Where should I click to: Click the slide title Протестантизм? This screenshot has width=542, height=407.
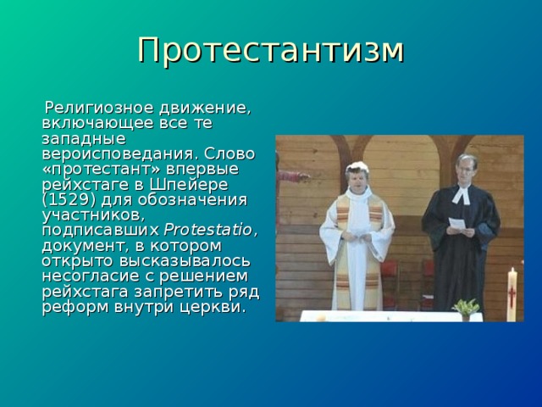(x=271, y=50)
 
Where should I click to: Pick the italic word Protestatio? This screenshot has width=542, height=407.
(x=208, y=231)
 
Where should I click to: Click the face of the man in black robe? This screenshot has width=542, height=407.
(x=465, y=169)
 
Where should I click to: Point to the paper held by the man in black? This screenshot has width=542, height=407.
(x=457, y=224)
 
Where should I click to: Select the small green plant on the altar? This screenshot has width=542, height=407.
(x=465, y=307)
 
